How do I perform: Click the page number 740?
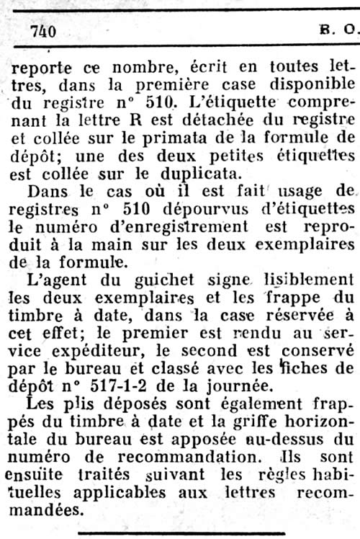tap(44, 31)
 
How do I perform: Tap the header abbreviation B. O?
tap(337, 31)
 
